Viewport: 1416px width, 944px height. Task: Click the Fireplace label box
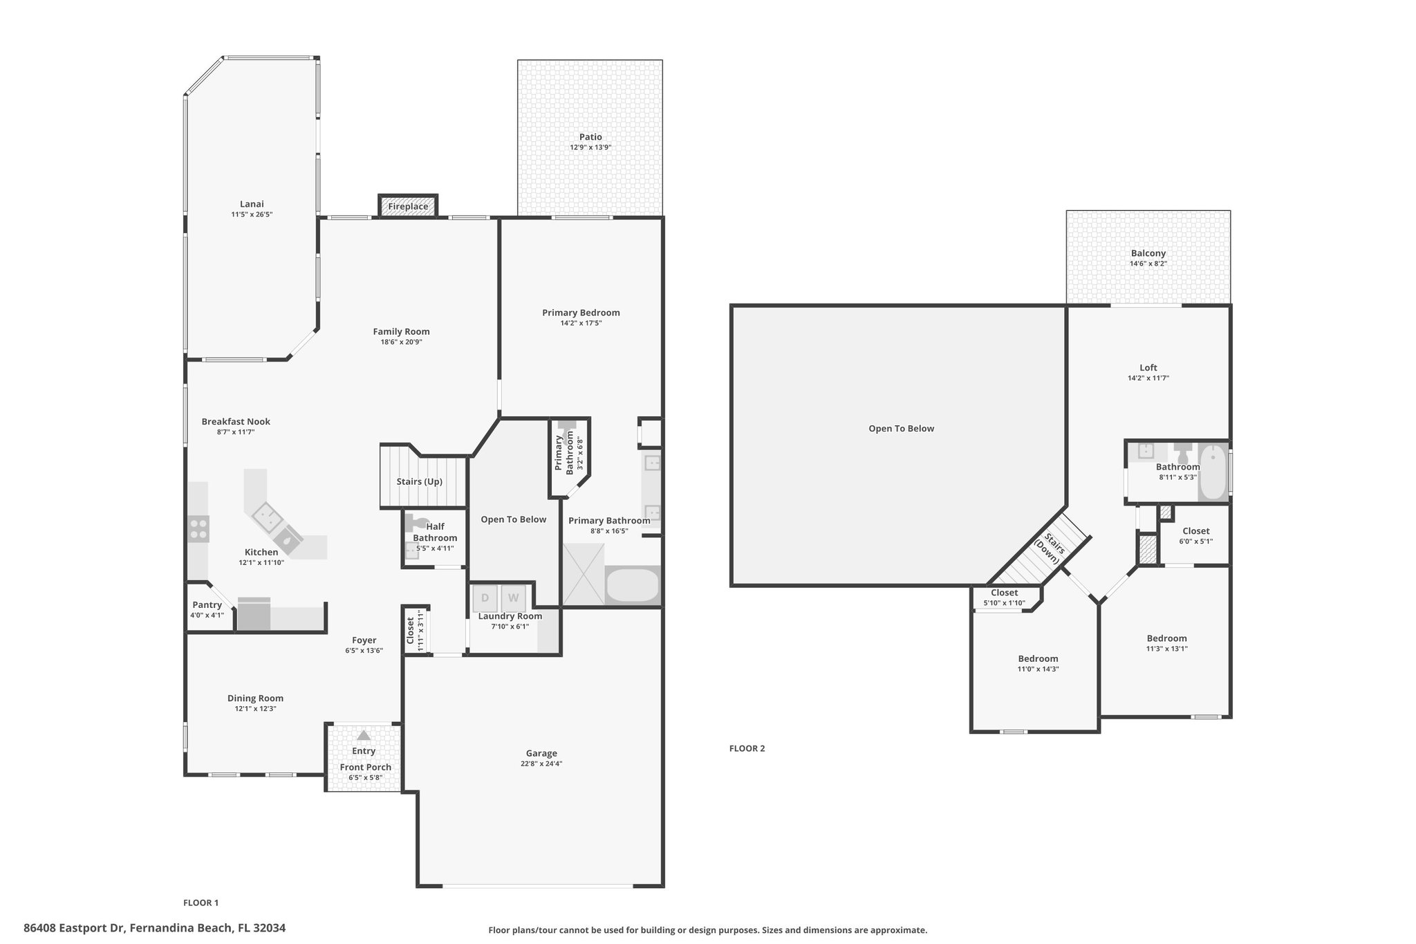tap(408, 206)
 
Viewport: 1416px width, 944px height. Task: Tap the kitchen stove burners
tap(198, 528)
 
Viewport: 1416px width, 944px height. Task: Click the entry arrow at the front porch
tap(364, 735)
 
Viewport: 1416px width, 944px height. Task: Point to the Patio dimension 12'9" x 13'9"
tap(590, 147)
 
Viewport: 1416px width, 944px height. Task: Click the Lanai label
tap(252, 204)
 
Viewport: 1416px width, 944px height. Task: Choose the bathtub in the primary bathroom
tap(632, 586)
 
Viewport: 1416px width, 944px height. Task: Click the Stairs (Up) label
tap(420, 481)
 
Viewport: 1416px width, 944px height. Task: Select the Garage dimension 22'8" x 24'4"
tap(541, 763)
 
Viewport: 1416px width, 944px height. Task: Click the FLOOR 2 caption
tap(747, 748)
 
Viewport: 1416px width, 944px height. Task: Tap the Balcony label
tap(1148, 253)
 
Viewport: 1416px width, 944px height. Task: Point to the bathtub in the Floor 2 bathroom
tap(1213, 473)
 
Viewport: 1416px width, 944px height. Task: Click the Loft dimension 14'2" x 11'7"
tap(1148, 378)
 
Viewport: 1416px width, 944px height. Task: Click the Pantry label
tap(207, 604)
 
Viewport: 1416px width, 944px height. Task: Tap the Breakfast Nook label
tap(236, 421)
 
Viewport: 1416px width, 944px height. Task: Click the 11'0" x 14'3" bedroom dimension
tap(1038, 669)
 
